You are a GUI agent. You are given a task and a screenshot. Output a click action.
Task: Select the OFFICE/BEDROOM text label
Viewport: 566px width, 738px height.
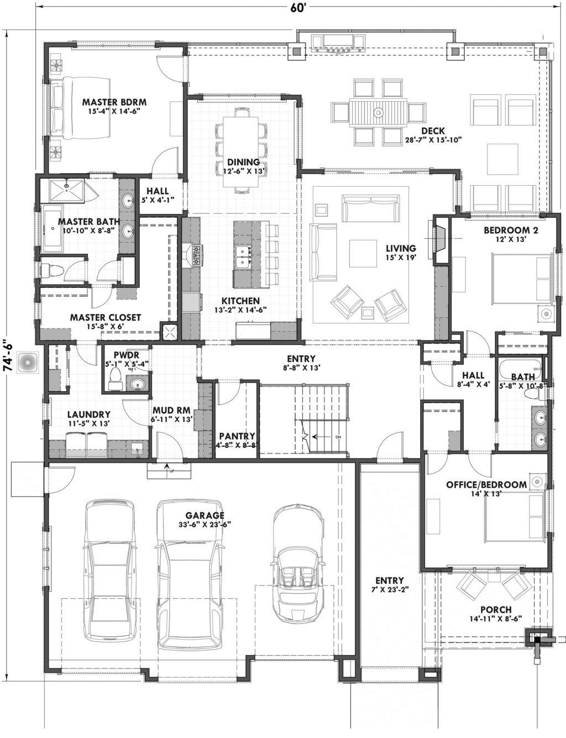tap(486, 485)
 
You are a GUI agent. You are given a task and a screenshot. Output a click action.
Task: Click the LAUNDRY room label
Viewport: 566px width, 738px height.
tap(88, 414)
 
